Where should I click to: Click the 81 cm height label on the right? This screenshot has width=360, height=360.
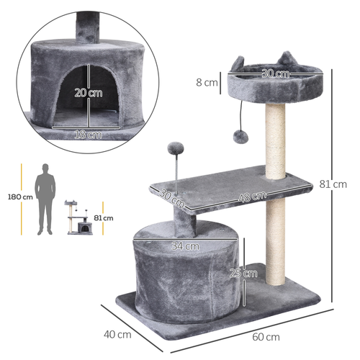point(345,184)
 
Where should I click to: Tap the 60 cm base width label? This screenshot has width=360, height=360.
point(267,337)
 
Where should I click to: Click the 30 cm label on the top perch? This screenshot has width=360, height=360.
point(274,73)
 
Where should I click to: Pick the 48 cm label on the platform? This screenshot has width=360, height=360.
point(253,195)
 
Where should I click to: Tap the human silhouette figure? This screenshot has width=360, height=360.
point(48,198)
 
